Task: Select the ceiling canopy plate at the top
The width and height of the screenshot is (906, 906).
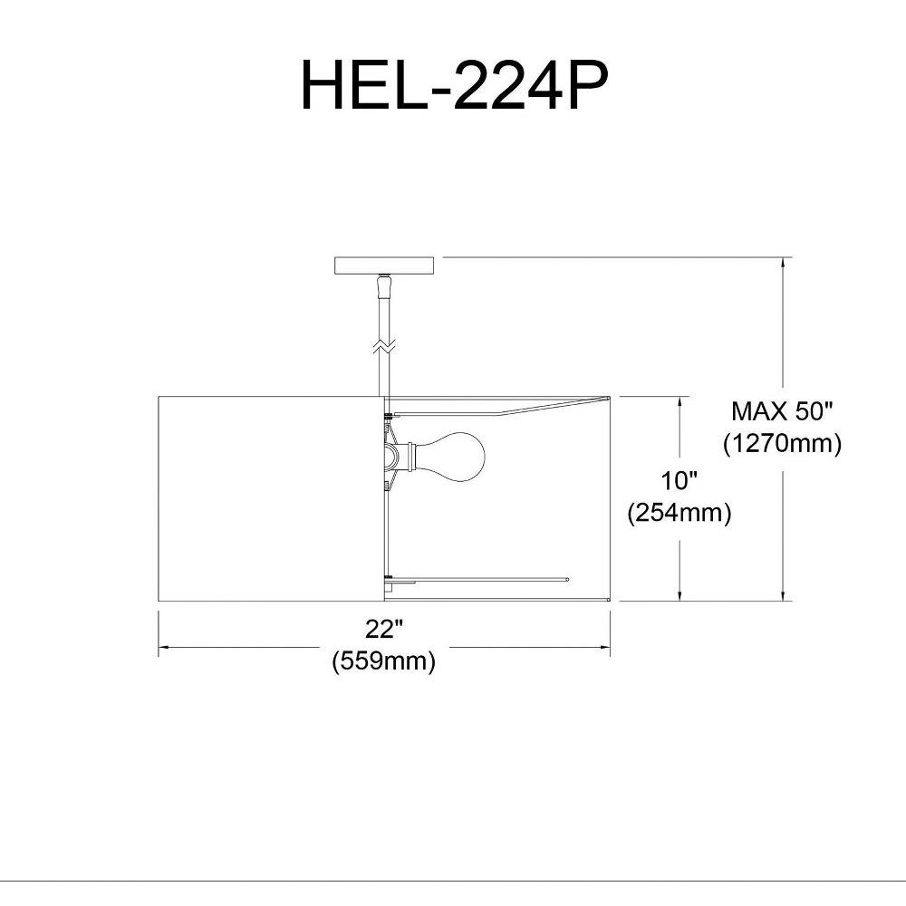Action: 384,265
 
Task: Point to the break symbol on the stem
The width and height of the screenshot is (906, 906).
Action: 384,346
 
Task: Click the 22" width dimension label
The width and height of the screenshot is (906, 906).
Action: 384,629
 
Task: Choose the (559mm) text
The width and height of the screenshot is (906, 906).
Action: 384,660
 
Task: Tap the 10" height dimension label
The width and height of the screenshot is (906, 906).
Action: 679,481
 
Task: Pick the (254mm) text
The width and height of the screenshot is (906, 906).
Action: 679,512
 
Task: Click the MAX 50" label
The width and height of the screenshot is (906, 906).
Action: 783,411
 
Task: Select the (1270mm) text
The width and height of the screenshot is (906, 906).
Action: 783,443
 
